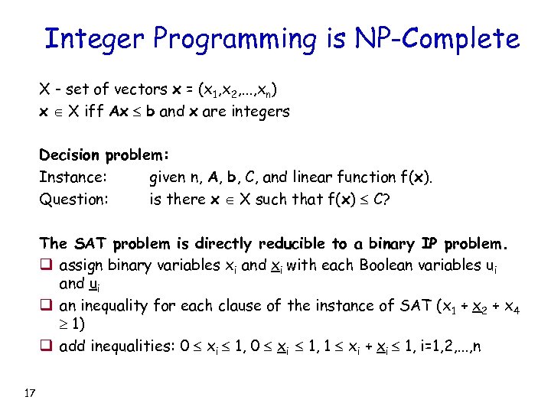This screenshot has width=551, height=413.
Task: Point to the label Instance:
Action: click(x=72, y=177)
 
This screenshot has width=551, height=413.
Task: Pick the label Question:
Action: click(x=73, y=200)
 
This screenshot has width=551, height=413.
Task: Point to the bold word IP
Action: click(x=430, y=244)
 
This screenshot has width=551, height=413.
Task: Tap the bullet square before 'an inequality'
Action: click(x=46, y=306)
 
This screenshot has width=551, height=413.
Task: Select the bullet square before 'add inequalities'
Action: click(x=46, y=346)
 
